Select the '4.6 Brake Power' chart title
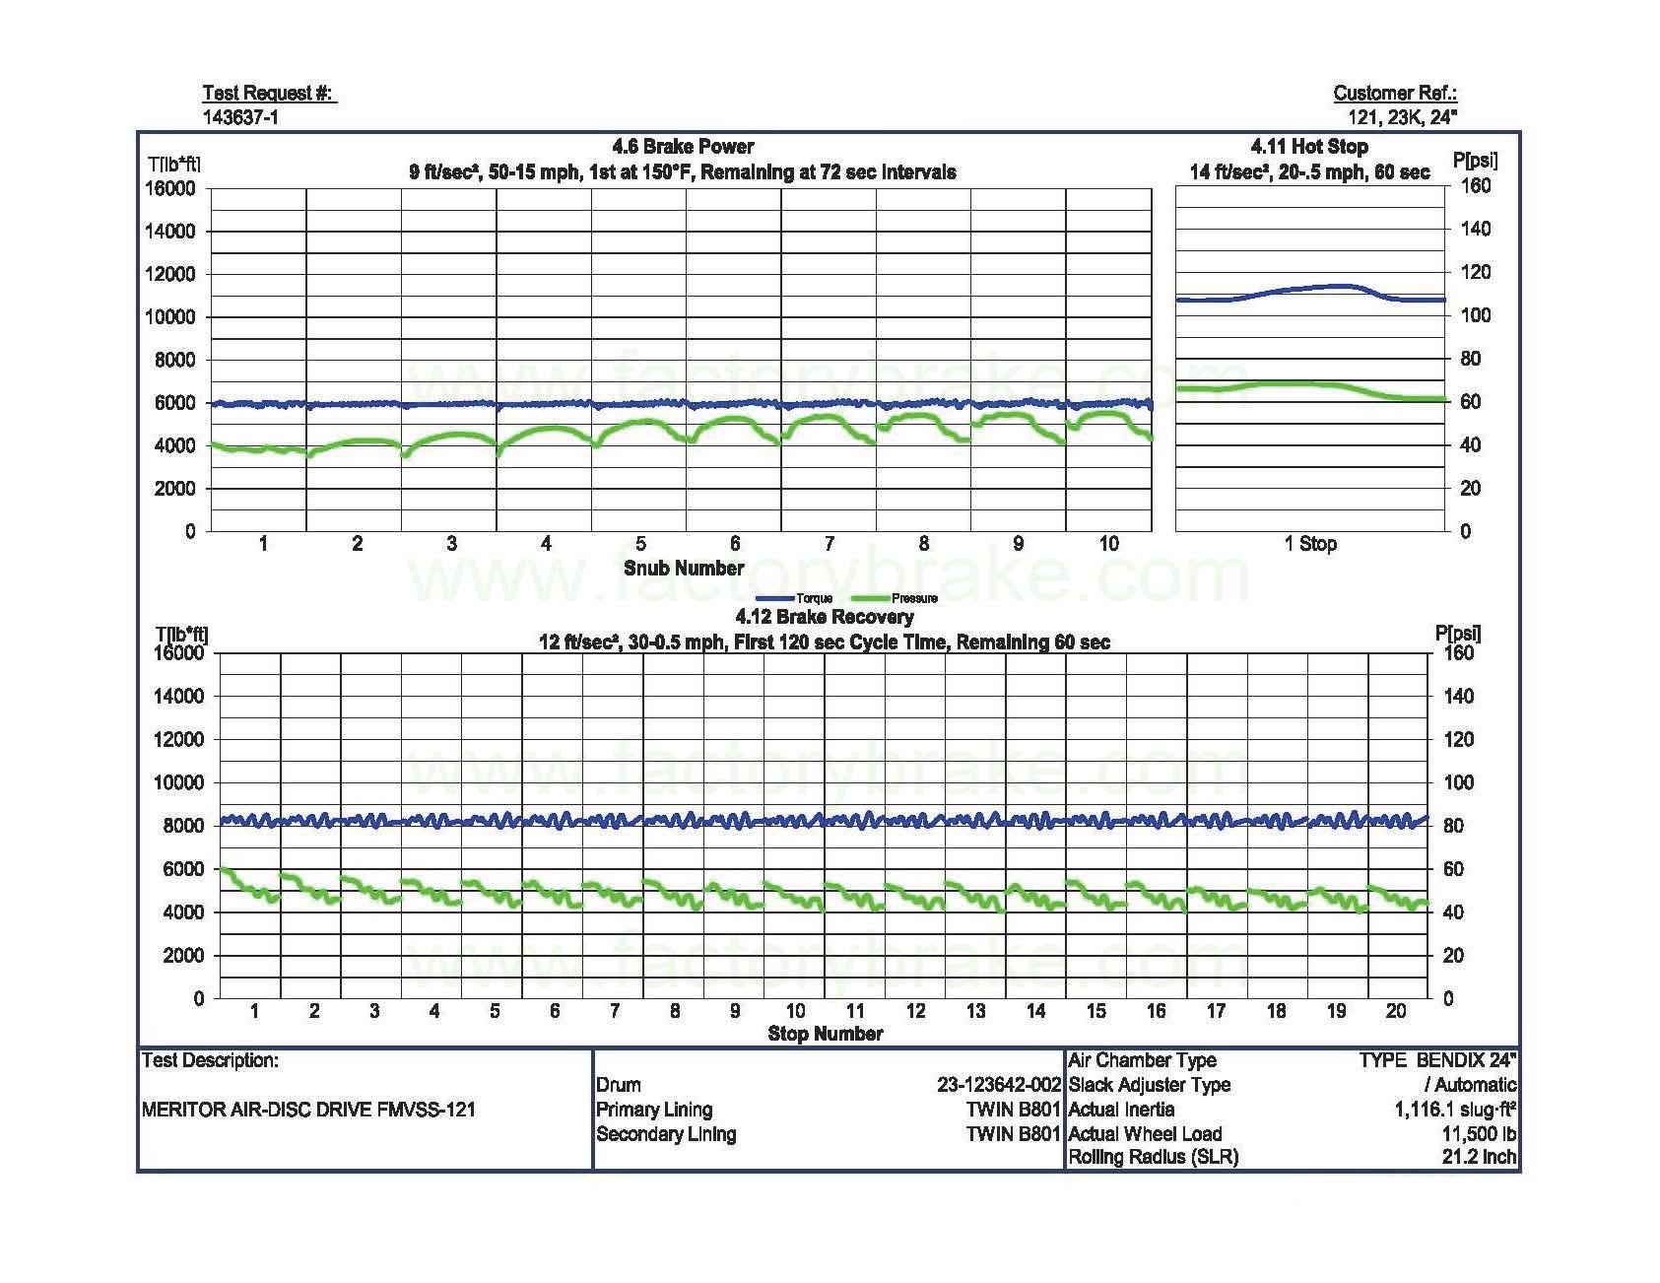coord(683,147)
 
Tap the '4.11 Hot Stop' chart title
coord(1309,147)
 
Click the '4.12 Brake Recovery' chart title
coord(825,617)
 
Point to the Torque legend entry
coord(795,598)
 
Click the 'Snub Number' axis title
coord(684,568)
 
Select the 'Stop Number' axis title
coord(825,1033)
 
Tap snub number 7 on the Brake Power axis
coord(830,543)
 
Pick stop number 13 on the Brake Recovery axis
coord(975,1010)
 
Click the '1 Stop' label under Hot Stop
coord(1310,543)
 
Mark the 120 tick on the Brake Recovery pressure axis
coord(1458,739)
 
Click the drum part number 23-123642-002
coord(998,1085)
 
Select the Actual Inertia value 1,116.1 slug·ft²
coord(1454,1110)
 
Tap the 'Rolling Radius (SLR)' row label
coord(1153,1157)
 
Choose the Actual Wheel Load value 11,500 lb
coord(1479,1133)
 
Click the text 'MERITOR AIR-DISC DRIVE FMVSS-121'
coord(308,1110)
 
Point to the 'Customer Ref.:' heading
coord(1395,94)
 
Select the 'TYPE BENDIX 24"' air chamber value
coord(1437,1060)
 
